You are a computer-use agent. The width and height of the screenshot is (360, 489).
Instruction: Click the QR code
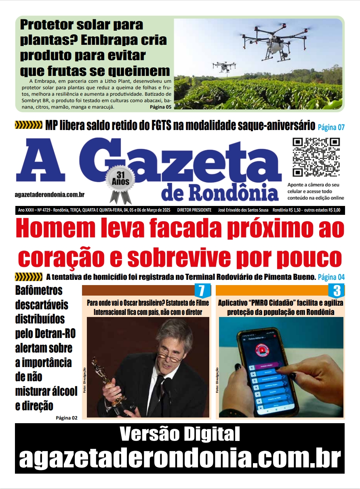(x=316, y=157)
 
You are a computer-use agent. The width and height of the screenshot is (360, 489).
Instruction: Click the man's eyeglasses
(x=170, y=350)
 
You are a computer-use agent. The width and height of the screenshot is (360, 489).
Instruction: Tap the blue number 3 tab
(x=337, y=291)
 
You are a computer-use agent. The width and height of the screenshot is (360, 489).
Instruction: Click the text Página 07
(x=331, y=127)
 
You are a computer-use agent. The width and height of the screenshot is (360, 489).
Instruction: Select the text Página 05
(x=160, y=107)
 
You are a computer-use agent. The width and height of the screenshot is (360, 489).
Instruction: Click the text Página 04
(x=331, y=277)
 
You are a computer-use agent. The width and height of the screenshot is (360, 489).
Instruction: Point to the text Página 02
(x=66, y=418)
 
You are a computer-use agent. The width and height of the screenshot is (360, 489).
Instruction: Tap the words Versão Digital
(x=180, y=435)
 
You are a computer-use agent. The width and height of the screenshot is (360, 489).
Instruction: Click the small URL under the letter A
(x=49, y=195)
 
